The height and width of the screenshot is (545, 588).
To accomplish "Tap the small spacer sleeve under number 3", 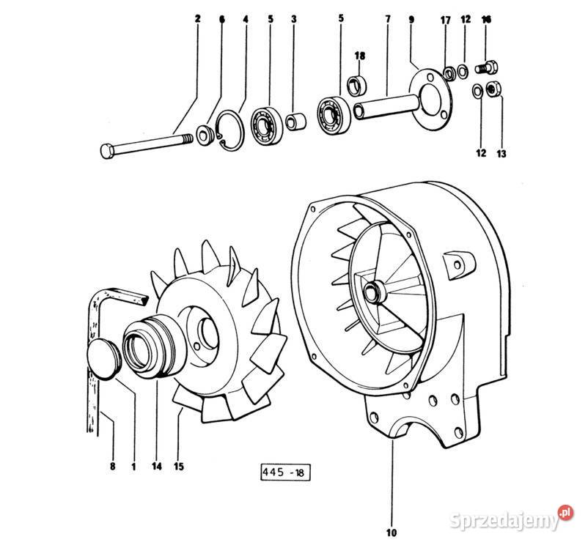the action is coord(295,122).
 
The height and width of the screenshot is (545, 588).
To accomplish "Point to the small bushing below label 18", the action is coord(357,85).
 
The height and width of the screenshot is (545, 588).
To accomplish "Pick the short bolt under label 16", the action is coord(486,68).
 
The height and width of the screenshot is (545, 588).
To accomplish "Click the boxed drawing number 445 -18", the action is coord(285,472).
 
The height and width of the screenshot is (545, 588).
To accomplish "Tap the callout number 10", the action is coord(391,533).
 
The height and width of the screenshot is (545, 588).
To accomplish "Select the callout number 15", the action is coord(179,467).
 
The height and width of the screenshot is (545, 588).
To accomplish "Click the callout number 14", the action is coord(157,467).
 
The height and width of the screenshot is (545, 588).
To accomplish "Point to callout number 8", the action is coord(112,467).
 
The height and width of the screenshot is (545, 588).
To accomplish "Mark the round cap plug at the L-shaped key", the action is coord(103,359).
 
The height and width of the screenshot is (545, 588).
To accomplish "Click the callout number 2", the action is coord(198,18).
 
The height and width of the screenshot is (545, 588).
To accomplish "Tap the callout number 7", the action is coord(388,18).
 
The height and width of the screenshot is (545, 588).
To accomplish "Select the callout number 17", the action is coord(446,20).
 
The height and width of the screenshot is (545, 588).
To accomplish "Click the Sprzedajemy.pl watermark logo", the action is coord(511,517).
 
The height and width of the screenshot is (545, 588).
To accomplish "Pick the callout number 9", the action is coord(412,19).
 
